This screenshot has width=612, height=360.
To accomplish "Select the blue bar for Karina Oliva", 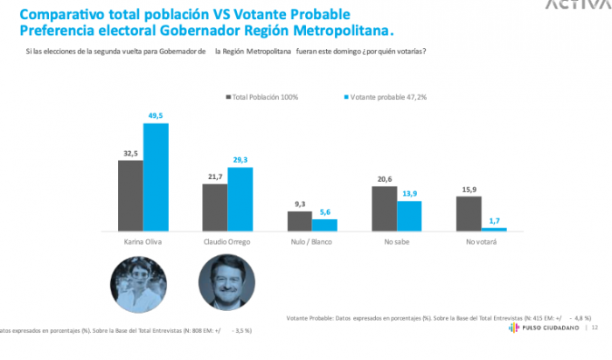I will coord(156,178).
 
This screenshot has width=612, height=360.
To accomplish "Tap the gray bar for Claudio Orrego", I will coord(214,208).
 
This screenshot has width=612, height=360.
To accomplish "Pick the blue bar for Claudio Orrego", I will coord(240,199).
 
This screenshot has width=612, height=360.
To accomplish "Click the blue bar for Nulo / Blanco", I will coord(324,225).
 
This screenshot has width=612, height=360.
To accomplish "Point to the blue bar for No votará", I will coord(494,230).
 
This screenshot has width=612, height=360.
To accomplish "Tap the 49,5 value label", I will coord(156,114).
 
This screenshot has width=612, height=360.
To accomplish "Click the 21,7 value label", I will coord(214,175).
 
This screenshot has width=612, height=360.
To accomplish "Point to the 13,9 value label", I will coord(409,192).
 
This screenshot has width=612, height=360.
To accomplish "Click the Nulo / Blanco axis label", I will coord(312,241).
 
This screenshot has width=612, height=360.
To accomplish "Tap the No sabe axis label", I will coord(396,241).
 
